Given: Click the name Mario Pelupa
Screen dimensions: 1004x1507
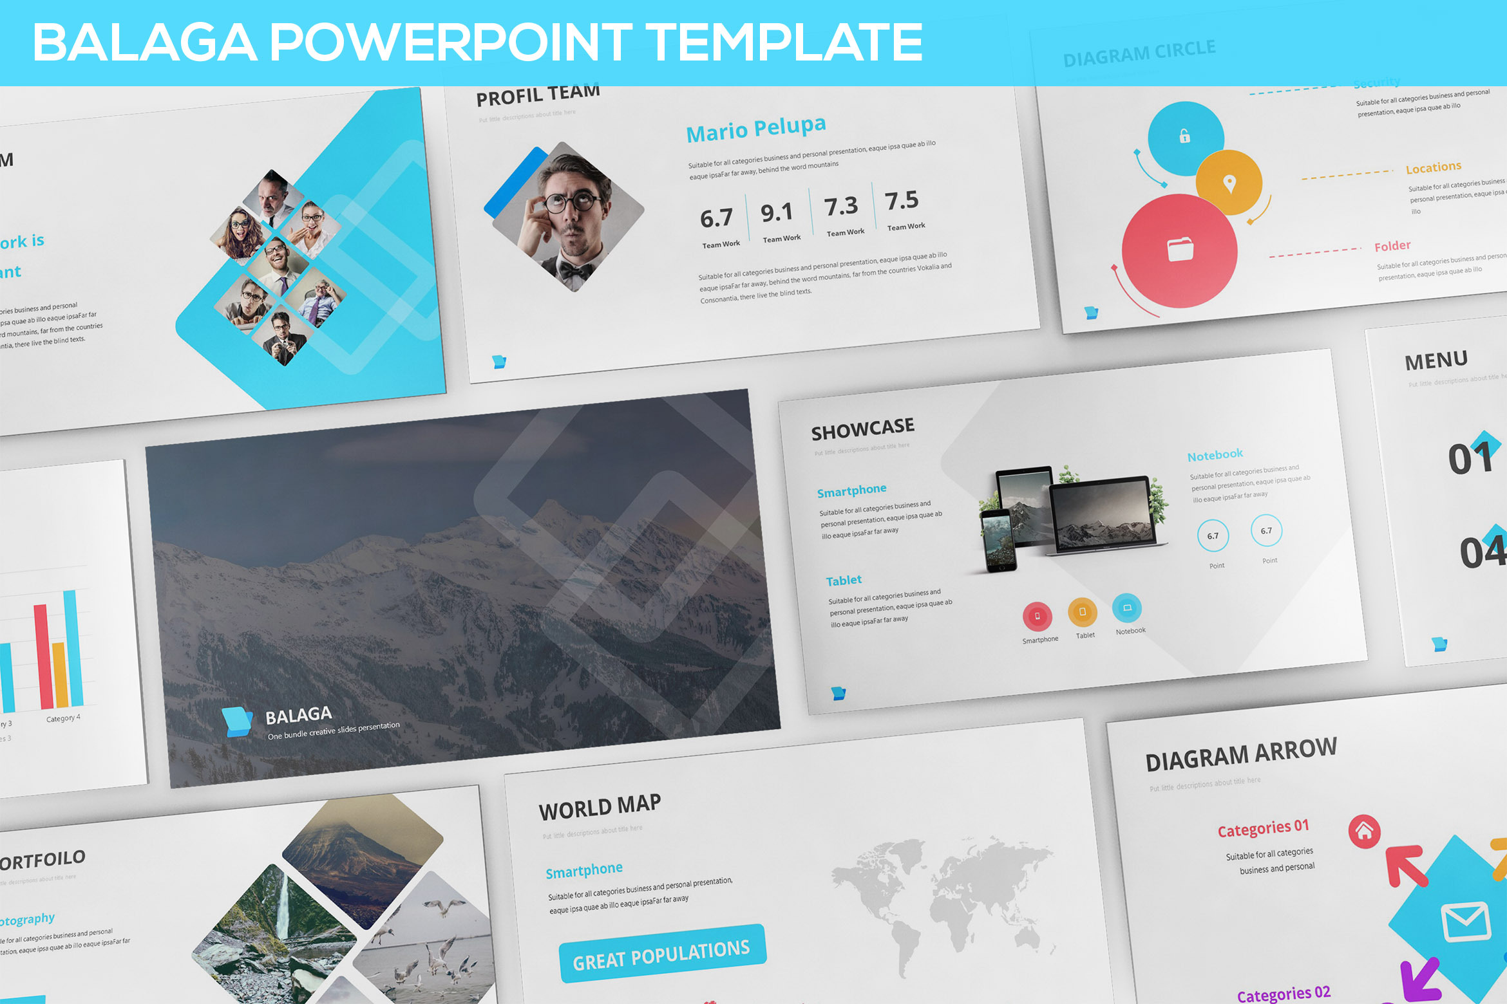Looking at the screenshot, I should pyautogui.click(x=755, y=129).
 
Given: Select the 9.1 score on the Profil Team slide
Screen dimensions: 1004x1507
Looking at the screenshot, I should pyautogui.click(x=776, y=212).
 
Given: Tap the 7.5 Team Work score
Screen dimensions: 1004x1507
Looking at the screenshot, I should pyautogui.click(x=902, y=201).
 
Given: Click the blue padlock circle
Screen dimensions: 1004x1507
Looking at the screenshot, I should pyautogui.click(x=1185, y=138).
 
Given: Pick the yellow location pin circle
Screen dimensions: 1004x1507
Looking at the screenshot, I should pyautogui.click(x=1229, y=183).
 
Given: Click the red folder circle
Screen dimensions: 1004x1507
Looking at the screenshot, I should pyautogui.click(x=1180, y=250).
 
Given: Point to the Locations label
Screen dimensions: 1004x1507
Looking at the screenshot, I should pyautogui.click(x=1434, y=168).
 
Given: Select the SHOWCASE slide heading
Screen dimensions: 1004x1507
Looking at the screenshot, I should pyautogui.click(x=862, y=429).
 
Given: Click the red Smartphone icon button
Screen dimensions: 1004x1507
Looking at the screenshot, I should pyautogui.click(x=1037, y=616).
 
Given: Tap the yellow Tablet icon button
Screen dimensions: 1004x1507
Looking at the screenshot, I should pyautogui.click(x=1083, y=611).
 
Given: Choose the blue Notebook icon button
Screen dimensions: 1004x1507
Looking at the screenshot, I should pyautogui.click(x=1127, y=608).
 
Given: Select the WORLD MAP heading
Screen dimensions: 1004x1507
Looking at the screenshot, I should pyautogui.click(x=600, y=807).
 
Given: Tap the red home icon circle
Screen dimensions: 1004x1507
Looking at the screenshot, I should pyautogui.click(x=1364, y=832).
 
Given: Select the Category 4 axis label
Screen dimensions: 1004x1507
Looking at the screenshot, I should pyautogui.click(x=63, y=718).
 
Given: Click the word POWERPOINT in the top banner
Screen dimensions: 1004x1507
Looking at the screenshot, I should pyautogui.click(x=451, y=42).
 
